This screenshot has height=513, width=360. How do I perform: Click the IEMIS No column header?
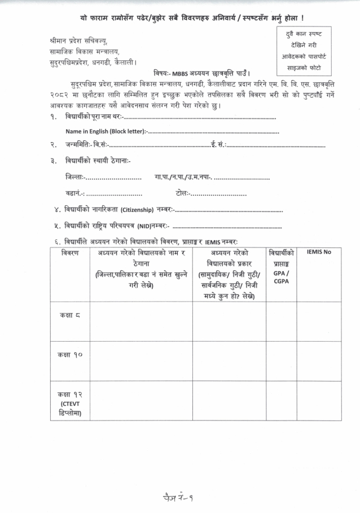319,252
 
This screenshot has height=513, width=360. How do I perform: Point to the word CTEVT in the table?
69,404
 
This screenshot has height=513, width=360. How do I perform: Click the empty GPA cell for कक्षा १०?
282,361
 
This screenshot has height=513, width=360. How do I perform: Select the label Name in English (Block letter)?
105,131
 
